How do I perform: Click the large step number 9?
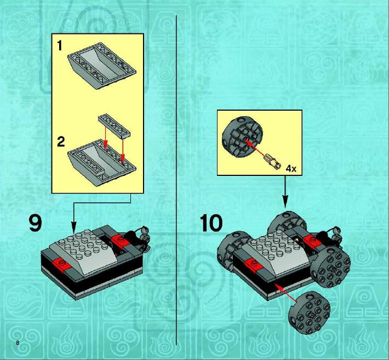pyautogui.click(x=36, y=223)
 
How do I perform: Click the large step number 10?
pyautogui.click(x=211, y=223)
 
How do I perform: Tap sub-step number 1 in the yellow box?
pyautogui.click(x=60, y=45)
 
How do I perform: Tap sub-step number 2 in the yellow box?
pyautogui.click(x=61, y=142)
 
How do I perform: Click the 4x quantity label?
pyautogui.click(x=291, y=169)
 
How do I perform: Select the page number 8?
pyautogui.click(x=18, y=343)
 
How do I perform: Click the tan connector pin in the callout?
pyautogui.click(x=272, y=161)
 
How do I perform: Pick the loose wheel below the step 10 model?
pyautogui.click(x=309, y=313)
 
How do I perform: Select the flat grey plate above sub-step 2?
pyautogui.click(x=114, y=126)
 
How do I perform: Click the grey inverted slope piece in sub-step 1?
pyautogui.click(x=102, y=66)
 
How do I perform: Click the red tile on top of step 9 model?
pyautogui.click(x=121, y=239)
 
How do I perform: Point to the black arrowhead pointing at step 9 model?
pyautogui.click(x=73, y=227)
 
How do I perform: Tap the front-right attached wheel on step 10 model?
pyautogui.click(x=330, y=267)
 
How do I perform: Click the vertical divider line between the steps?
pyautogui.click(x=176, y=180)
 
